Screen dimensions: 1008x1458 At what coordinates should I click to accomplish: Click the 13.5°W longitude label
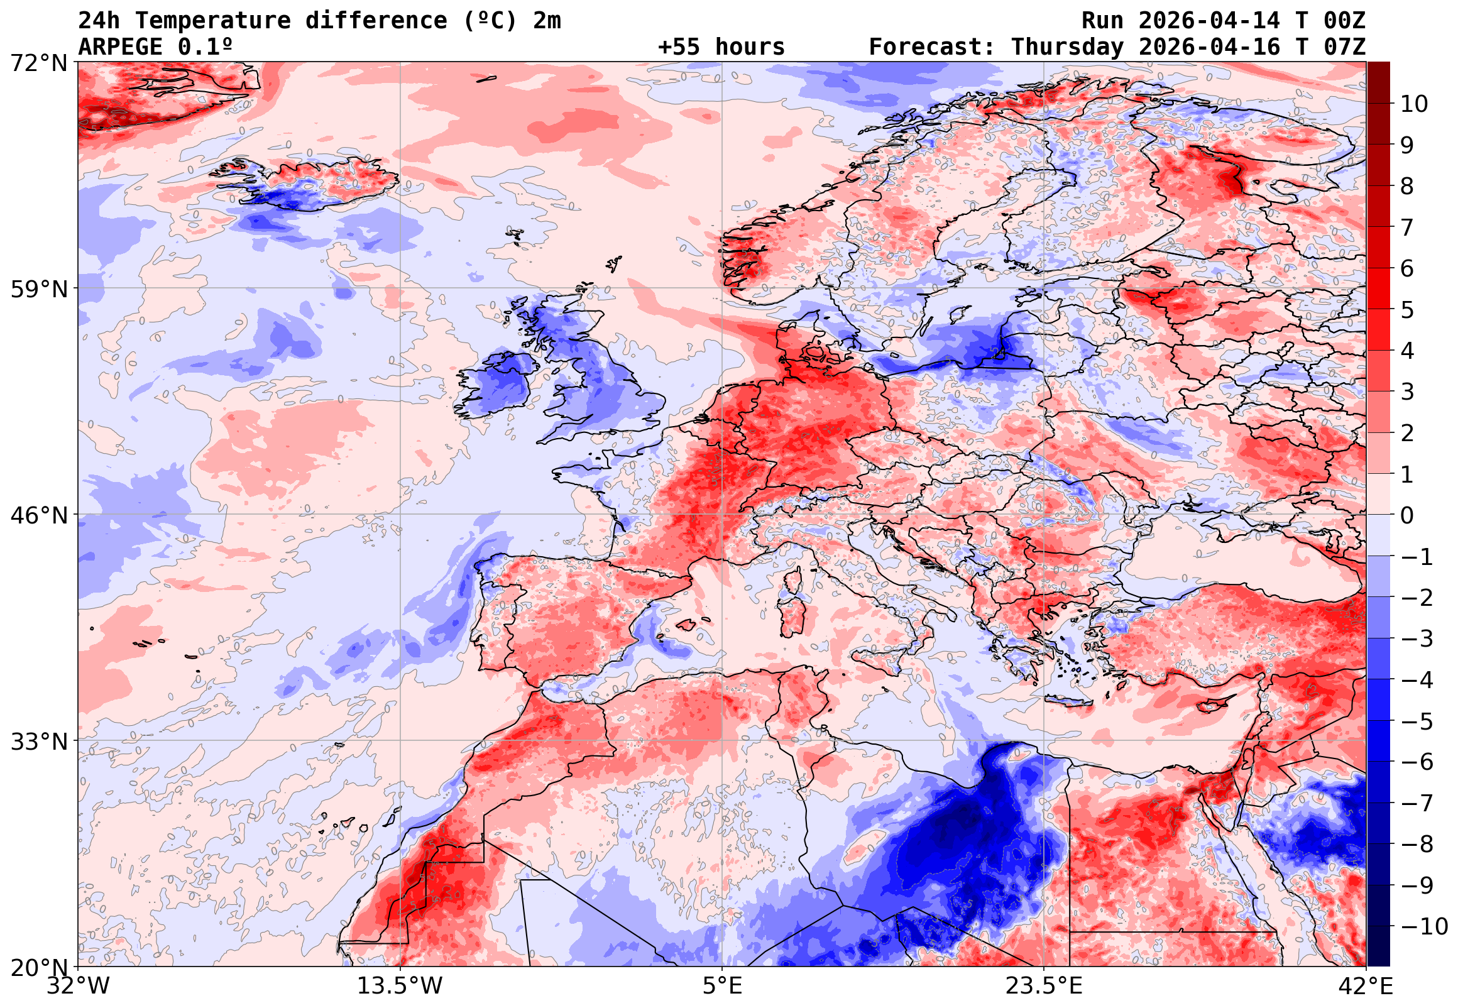[400, 986]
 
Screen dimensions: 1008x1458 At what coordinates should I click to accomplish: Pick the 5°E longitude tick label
[721, 986]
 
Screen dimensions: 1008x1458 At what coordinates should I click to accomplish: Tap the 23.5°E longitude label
[1043, 986]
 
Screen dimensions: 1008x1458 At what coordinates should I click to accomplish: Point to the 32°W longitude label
[79, 986]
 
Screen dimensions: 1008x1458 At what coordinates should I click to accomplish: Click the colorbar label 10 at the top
[1414, 104]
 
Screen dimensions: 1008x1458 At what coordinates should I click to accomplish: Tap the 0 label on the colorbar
[1407, 515]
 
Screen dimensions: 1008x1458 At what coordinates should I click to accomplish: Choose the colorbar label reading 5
[1407, 310]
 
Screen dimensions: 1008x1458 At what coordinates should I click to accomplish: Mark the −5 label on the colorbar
[1417, 721]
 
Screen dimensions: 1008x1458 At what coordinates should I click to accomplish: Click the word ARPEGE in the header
[120, 47]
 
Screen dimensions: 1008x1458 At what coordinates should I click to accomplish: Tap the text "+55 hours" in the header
[721, 47]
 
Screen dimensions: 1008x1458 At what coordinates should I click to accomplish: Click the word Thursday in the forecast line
[1067, 47]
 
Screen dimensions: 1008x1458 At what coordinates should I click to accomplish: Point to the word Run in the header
[1102, 21]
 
